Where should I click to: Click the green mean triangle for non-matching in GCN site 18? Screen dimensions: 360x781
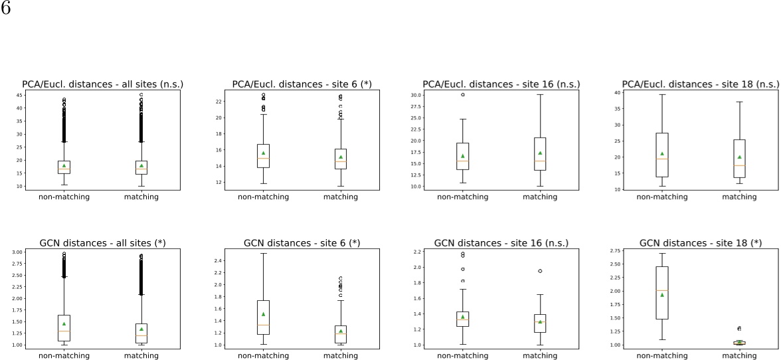(661, 294)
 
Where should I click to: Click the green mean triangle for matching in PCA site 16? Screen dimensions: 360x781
(540, 153)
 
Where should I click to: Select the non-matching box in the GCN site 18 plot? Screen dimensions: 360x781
(661, 292)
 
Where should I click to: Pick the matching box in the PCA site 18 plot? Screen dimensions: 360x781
(739, 158)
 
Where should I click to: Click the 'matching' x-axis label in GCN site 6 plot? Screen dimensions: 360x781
(341, 355)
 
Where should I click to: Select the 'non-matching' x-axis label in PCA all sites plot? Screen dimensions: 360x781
(64, 197)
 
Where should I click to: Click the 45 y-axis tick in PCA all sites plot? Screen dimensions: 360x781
(18, 95)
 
